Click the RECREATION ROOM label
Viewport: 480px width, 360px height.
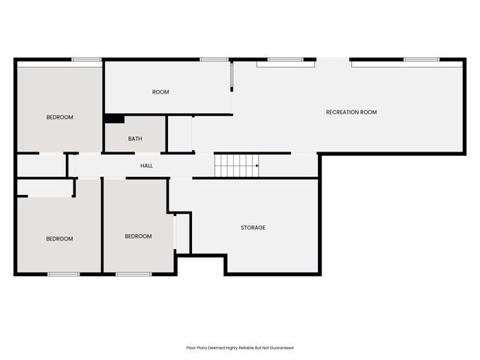[x=351, y=112]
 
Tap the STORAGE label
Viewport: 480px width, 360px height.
[x=253, y=227]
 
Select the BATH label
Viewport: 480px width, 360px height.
[x=135, y=139]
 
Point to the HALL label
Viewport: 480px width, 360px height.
[x=147, y=165]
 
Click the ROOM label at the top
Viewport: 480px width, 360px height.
[x=160, y=92]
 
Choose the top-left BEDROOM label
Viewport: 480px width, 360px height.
[x=60, y=117]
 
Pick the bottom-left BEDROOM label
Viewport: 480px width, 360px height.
[x=59, y=238]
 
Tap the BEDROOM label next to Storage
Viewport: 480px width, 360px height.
[x=138, y=236]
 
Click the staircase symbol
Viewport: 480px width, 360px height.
[x=235, y=165]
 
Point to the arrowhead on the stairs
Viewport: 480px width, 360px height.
[x=256, y=165]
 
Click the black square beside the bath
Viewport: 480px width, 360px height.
[x=114, y=118]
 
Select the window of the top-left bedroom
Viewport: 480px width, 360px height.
[x=86, y=59]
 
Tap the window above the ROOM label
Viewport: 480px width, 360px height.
[x=214, y=59]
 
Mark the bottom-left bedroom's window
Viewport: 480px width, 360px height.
[x=64, y=274]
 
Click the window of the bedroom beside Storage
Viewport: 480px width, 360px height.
[x=133, y=274]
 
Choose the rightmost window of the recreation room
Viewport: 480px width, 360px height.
[x=421, y=59]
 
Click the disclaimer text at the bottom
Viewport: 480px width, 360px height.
[x=240, y=348]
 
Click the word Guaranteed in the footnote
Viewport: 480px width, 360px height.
[x=281, y=348]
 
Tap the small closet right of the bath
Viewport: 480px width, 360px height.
[x=180, y=134]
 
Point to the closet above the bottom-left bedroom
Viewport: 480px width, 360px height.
[x=45, y=188]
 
